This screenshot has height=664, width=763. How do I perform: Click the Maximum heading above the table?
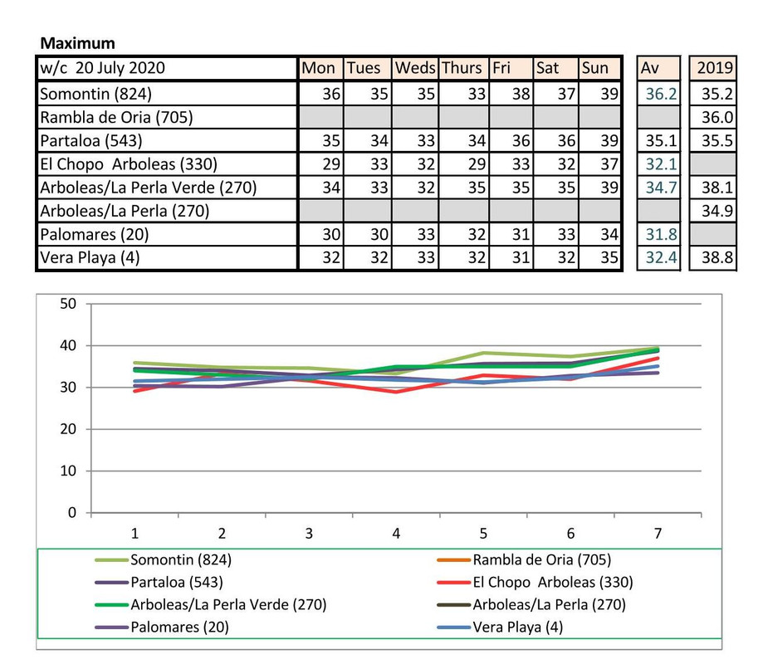(78, 43)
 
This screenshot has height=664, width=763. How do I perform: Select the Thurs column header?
(461, 68)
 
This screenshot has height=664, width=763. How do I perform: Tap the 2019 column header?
(715, 68)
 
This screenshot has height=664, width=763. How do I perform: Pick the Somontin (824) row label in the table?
(96, 94)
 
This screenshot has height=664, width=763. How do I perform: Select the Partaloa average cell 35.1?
(660, 140)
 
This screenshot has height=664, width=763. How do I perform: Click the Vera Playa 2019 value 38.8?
(717, 257)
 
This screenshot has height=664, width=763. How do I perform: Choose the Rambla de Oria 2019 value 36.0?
(717, 117)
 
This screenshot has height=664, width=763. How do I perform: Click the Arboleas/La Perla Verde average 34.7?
(660, 188)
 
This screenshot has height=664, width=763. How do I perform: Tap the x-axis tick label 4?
(396, 534)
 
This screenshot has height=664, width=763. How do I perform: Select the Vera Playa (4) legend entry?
(517, 627)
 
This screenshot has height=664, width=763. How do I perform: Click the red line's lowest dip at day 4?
(396, 391)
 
